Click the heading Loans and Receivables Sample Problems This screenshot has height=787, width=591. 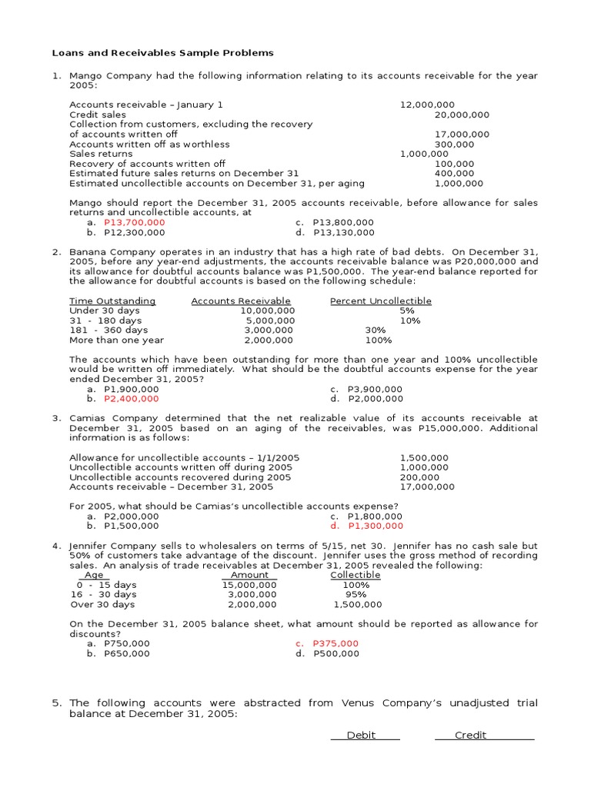[x=162, y=53]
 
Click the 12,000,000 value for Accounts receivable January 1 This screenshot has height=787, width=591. [x=427, y=105]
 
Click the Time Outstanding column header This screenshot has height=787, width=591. [x=112, y=301]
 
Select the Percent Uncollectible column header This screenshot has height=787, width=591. [x=380, y=301]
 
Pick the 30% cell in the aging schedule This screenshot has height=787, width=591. [x=376, y=330]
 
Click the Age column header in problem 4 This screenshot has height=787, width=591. [x=93, y=575]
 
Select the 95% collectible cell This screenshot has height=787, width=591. [x=356, y=594]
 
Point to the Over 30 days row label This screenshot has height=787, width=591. [x=103, y=604]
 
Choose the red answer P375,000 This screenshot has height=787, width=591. [x=336, y=643]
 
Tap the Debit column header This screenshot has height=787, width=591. [x=361, y=736]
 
